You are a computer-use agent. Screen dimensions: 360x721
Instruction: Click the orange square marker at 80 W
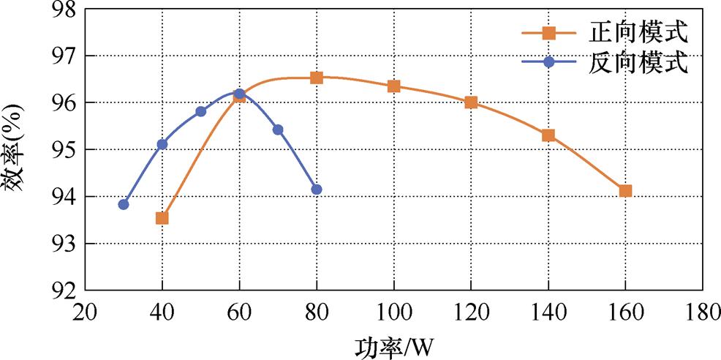tap(317, 78)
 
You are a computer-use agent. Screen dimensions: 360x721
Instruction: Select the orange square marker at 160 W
tap(625, 191)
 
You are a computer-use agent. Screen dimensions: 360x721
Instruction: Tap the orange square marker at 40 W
tap(162, 218)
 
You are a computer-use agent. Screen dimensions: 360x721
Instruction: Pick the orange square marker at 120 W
tap(471, 102)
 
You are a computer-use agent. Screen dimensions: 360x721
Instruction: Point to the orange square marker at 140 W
tap(548, 135)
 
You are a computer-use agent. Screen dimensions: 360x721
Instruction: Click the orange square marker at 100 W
tap(394, 86)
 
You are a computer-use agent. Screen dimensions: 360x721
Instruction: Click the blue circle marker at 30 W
tap(124, 204)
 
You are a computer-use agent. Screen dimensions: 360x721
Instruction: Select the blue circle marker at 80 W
tap(317, 190)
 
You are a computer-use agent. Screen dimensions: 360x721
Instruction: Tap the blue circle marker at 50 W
tap(201, 111)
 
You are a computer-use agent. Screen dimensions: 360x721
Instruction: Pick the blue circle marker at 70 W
tap(278, 130)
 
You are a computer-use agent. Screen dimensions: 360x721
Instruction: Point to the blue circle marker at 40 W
tap(162, 144)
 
